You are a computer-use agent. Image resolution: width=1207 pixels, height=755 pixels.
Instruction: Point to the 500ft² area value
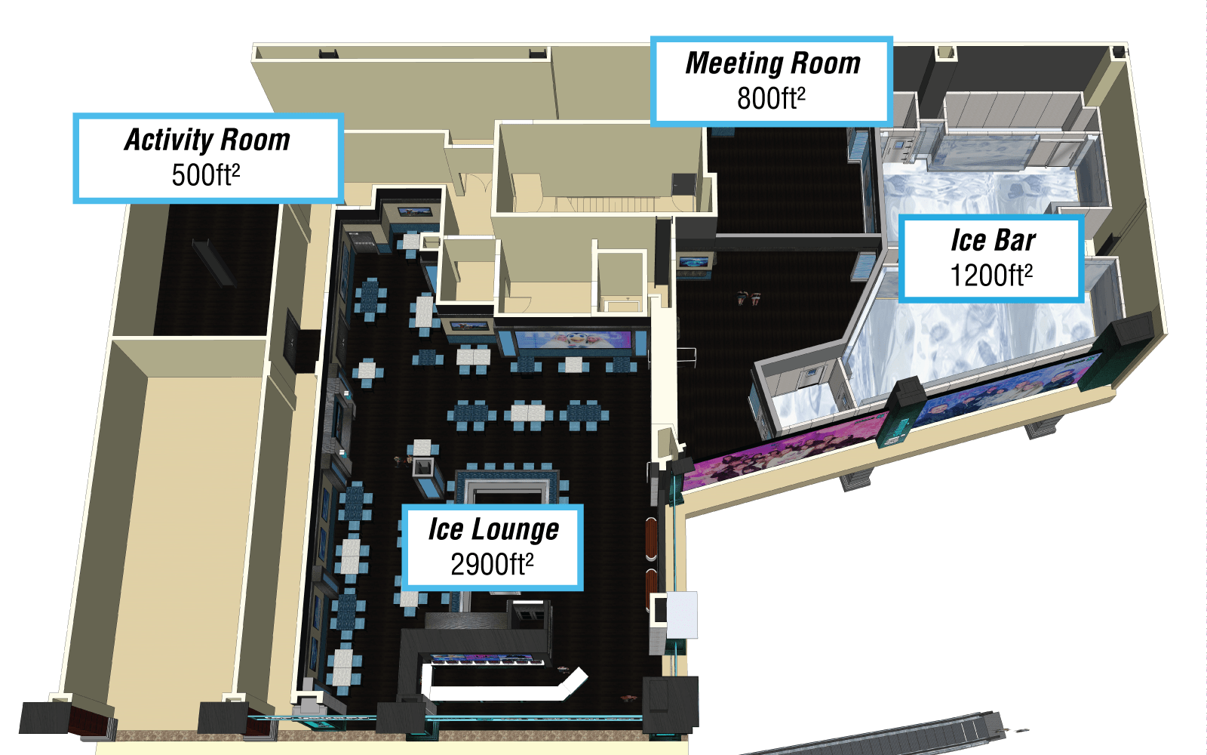(206, 174)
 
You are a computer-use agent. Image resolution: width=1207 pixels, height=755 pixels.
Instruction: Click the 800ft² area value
(771, 98)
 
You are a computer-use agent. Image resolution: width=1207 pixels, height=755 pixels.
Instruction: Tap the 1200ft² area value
(991, 275)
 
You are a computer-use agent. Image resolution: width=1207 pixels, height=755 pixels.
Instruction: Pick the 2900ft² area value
(492, 564)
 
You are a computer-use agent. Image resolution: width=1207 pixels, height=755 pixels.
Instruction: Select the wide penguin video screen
(573, 340)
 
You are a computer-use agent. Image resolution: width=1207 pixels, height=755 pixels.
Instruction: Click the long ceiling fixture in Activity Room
(214, 263)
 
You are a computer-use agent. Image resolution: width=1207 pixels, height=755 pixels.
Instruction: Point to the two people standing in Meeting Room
(748, 297)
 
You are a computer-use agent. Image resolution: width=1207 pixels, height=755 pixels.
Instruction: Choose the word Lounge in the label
(515, 529)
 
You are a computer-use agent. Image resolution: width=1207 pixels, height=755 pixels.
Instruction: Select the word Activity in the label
(169, 140)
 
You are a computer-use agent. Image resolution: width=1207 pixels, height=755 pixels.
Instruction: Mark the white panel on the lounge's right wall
(682, 615)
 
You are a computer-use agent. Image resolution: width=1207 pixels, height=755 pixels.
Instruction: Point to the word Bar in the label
(1015, 241)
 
